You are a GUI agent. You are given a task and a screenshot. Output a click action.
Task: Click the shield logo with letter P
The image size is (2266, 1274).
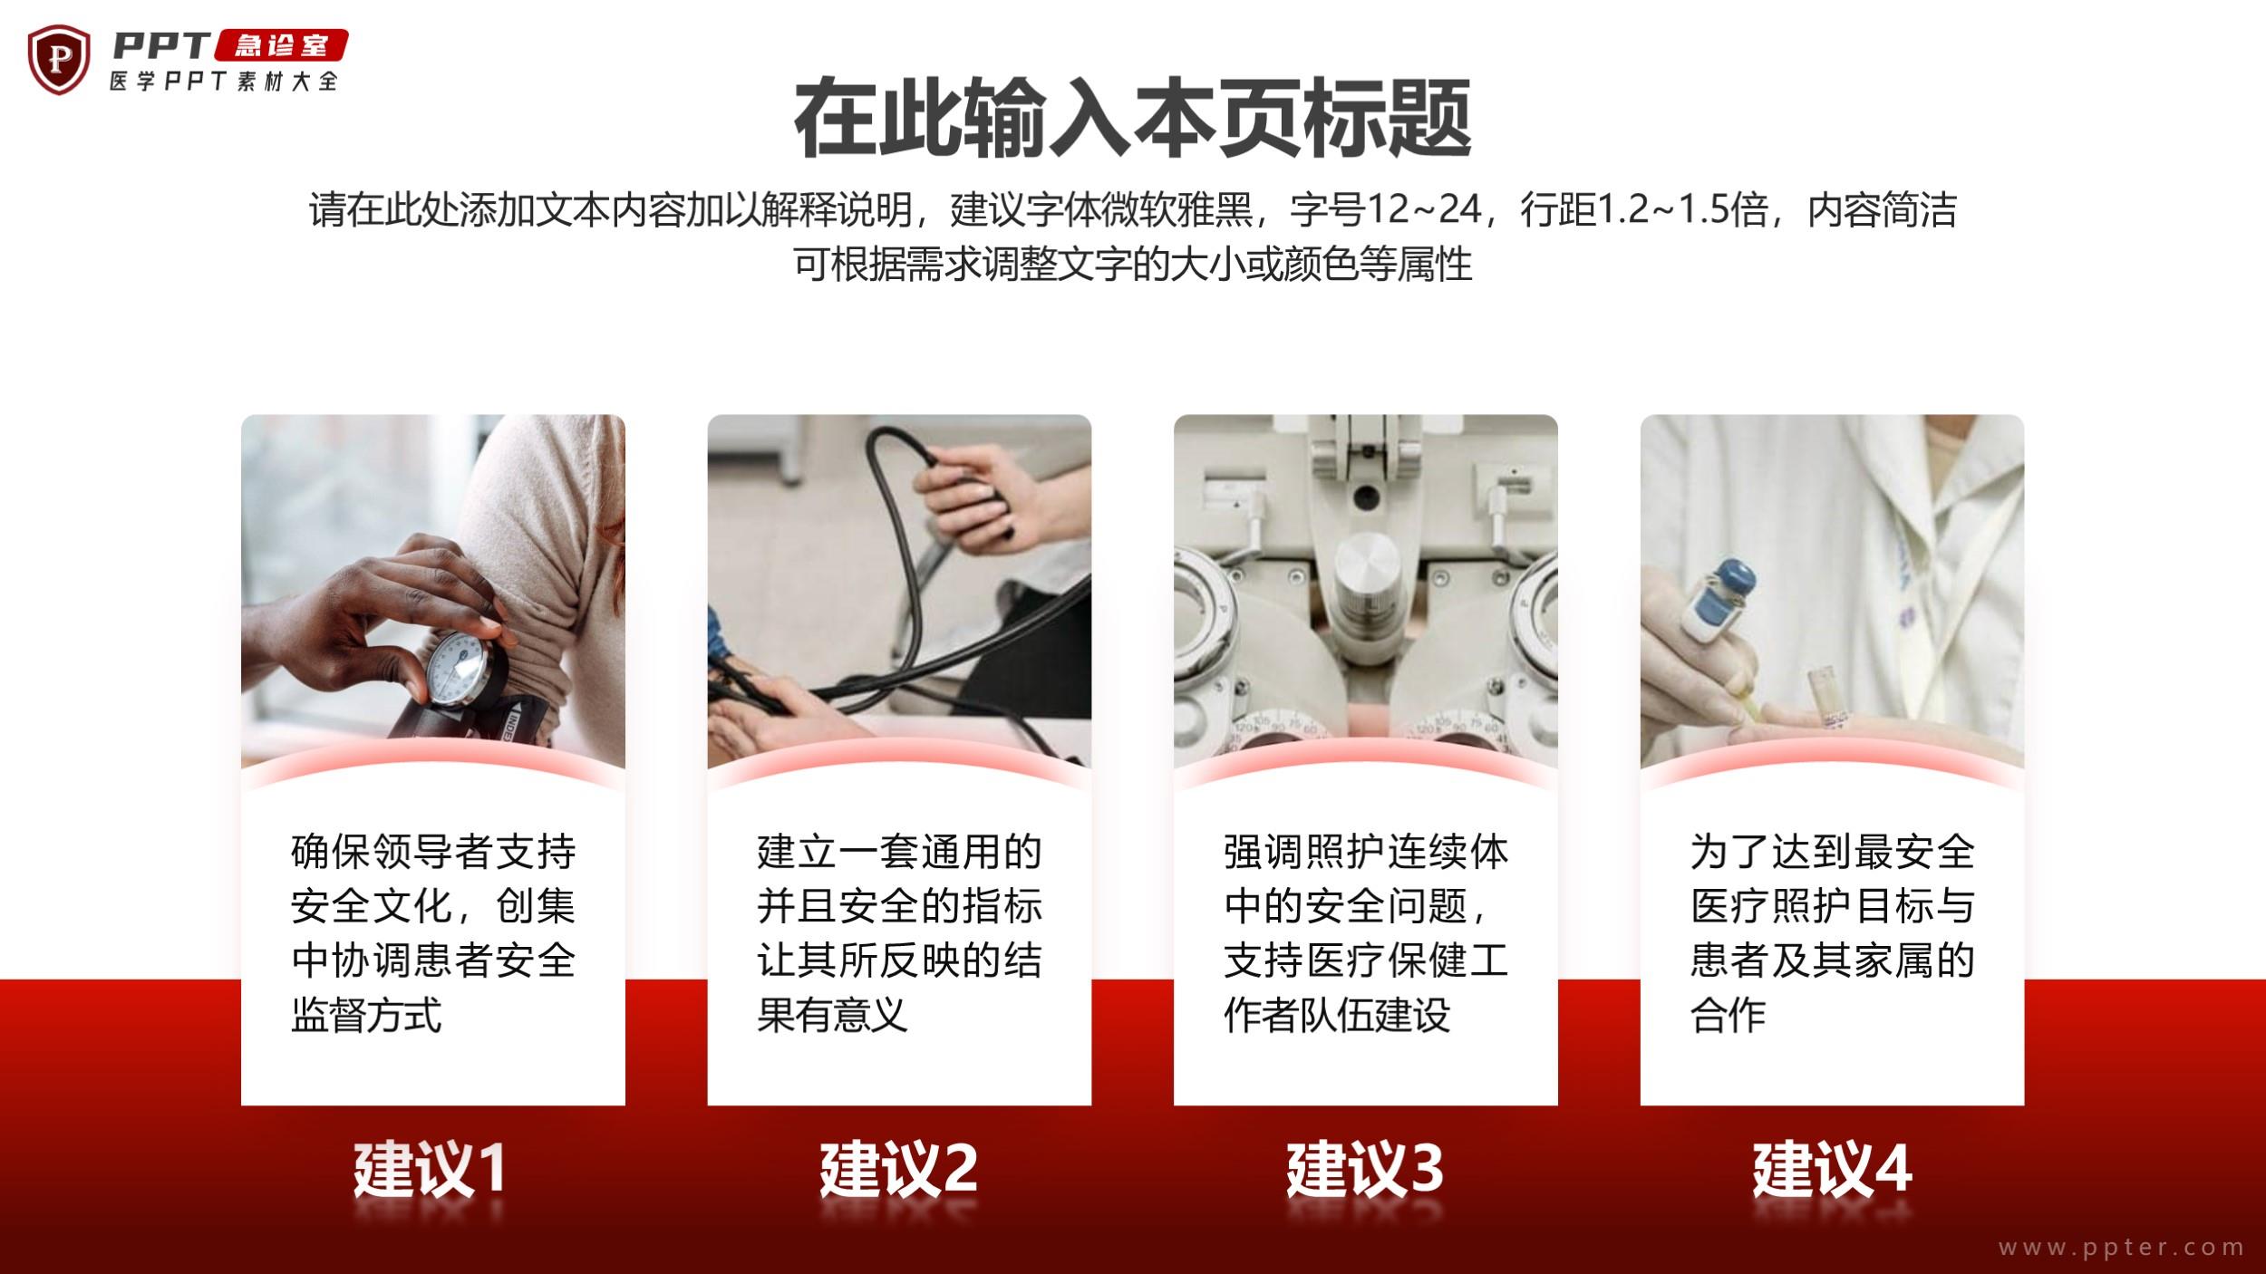(x=59, y=60)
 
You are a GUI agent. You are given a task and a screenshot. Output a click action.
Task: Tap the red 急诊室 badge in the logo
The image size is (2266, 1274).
(x=282, y=45)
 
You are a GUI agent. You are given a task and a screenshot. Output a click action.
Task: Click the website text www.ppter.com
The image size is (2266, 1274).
(x=2121, y=1248)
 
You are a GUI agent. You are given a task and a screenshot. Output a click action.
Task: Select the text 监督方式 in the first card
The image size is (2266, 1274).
(x=366, y=1015)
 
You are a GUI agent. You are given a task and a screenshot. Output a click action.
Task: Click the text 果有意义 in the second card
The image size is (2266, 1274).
(x=832, y=1015)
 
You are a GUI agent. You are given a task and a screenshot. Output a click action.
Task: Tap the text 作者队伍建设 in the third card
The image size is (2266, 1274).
(x=1337, y=1015)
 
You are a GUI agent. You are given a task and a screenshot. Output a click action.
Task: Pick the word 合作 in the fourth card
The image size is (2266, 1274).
(x=1728, y=1015)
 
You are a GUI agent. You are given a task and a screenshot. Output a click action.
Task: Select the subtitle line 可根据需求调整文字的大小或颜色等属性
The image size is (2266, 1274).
(x=1133, y=264)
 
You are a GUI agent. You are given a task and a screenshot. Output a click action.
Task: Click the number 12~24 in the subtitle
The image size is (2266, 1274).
(x=1424, y=209)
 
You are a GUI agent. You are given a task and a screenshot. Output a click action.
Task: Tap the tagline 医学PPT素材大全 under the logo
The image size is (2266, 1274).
(x=223, y=82)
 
